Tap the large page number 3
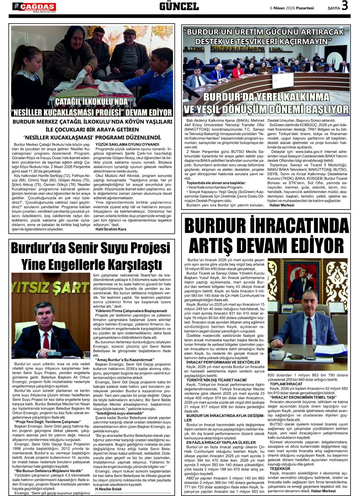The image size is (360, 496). coord(345,6)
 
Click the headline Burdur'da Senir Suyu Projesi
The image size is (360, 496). coord(91,248)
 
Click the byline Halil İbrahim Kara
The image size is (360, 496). coord(111,229)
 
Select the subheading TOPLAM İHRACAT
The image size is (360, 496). coord(281,384)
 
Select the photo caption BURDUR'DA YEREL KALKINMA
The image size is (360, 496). coord(266,98)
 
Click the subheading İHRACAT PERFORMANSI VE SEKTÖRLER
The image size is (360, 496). coord(217,362)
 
